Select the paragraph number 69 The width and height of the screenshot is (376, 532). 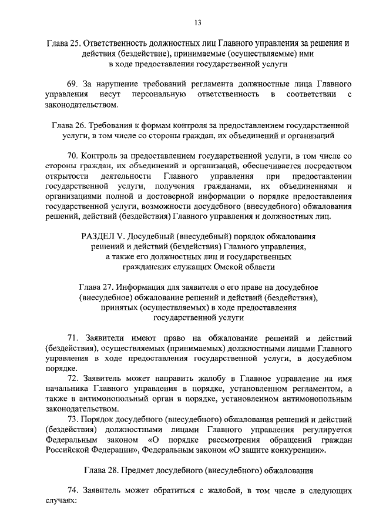73,84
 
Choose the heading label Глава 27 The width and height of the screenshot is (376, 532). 95,287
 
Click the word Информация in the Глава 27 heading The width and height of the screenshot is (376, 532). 143,287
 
